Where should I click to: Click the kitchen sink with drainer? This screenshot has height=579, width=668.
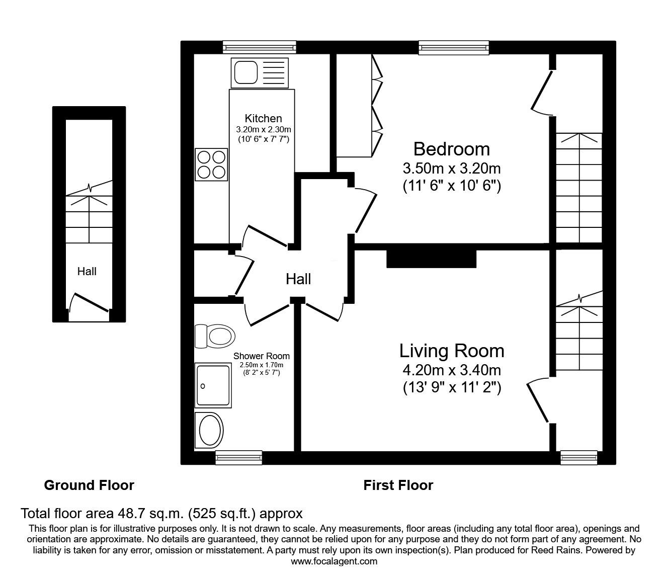pos(260,73)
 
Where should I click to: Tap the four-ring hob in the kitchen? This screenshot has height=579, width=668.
pos(211,164)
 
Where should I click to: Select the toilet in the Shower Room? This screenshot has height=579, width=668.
pos(215,336)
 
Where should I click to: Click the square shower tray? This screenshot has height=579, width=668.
pos(213,385)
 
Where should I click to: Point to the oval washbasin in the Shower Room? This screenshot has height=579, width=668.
pos(209,430)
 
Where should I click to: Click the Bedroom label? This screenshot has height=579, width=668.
pos(452,149)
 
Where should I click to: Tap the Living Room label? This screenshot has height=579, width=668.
pos(452,351)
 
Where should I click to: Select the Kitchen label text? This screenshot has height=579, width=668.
pos(263,118)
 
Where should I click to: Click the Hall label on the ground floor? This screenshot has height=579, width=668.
pos(87,271)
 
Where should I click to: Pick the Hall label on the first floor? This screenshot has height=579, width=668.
pos(298,279)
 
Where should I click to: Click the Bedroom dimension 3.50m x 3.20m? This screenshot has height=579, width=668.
pos(452,169)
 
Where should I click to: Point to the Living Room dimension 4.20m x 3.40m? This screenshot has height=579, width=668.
pos(452,370)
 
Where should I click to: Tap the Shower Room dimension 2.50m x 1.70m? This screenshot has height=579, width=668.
pos(262,365)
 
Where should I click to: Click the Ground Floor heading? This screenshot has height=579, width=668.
pos(89,485)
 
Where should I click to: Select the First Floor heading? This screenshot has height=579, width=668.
pos(398,485)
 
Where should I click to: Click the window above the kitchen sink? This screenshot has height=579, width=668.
pos(260,47)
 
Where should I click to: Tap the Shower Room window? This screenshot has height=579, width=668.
pos(239,457)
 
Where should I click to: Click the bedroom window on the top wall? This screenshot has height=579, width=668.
pos(454,47)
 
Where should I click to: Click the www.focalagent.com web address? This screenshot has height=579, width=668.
pos(334,561)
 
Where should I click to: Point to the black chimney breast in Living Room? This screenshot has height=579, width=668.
pos(432,259)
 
